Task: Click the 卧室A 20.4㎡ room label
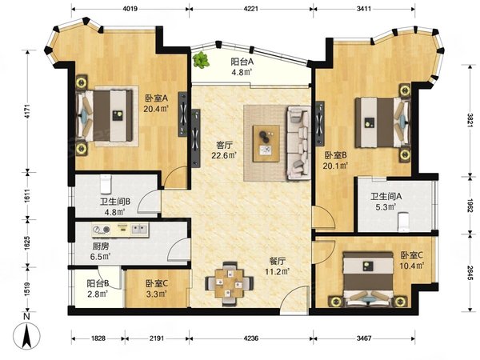pyautogui.click(x=155, y=105)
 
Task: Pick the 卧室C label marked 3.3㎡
pyautogui.click(x=157, y=288)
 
